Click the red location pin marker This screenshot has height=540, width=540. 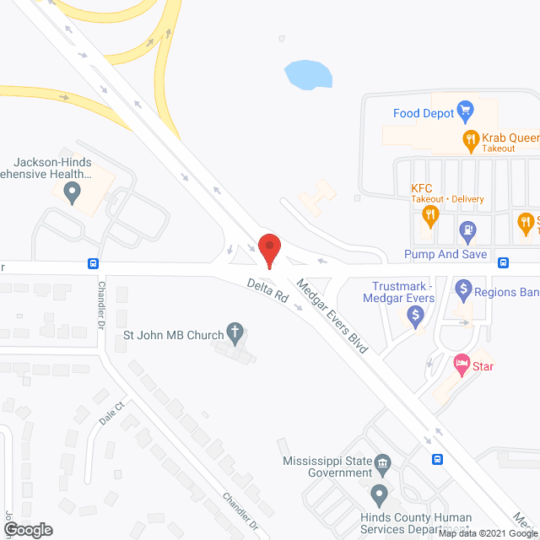pos(269,249)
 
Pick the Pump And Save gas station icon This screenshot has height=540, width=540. pos(464,229)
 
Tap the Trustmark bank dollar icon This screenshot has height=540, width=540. pos(414,316)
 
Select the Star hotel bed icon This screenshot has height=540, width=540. pos(461,365)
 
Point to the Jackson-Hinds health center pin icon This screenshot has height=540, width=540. pos(72,192)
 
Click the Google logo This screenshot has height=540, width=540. pos(28,529)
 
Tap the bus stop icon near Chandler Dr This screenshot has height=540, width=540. pos(93,263)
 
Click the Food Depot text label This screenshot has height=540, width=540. pos(423,113)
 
